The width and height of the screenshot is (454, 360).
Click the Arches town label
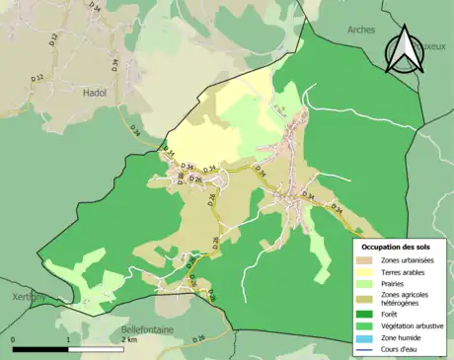pyautogui.click(x=361, y=30)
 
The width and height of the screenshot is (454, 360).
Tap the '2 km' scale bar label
pyautogui.click(x=129, y=338)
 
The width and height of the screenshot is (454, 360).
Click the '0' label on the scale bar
pyautogui.click(x=14, y=338)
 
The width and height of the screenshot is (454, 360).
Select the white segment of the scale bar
pyautogui.click(x=96, y=348)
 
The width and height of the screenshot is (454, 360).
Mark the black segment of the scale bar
pyautogui.click(x=40, y=348)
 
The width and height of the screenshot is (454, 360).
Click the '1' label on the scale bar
pyautogui.click(x=68, y=338)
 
